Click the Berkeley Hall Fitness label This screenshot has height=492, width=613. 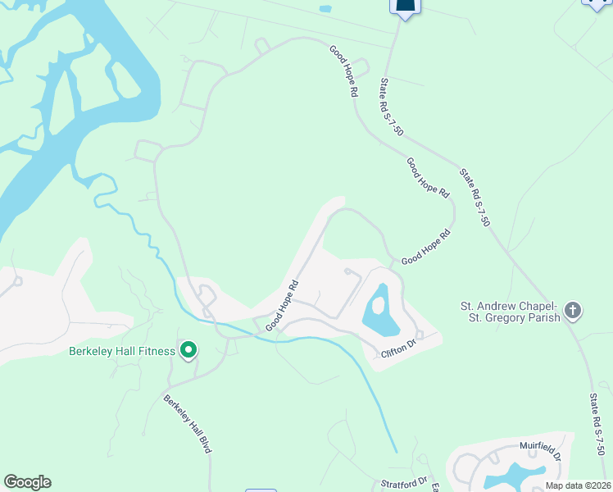pos(121,351)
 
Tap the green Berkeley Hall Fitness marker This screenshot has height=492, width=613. pos(188,351)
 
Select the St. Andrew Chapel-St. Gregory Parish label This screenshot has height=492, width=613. pos(510,312)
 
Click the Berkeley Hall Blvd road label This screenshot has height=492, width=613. pos(188,424)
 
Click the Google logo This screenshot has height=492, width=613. pos(27,482)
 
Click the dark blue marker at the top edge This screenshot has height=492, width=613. pos(404,7)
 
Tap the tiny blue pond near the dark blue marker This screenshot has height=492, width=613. pos(325,9)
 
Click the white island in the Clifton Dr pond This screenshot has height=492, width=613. pos(378,306)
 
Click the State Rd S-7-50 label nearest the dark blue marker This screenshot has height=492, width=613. pos(391,106)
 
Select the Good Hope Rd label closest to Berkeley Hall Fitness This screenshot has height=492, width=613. pos(281,306)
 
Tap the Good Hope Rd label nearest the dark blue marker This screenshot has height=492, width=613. pos(343,72)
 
